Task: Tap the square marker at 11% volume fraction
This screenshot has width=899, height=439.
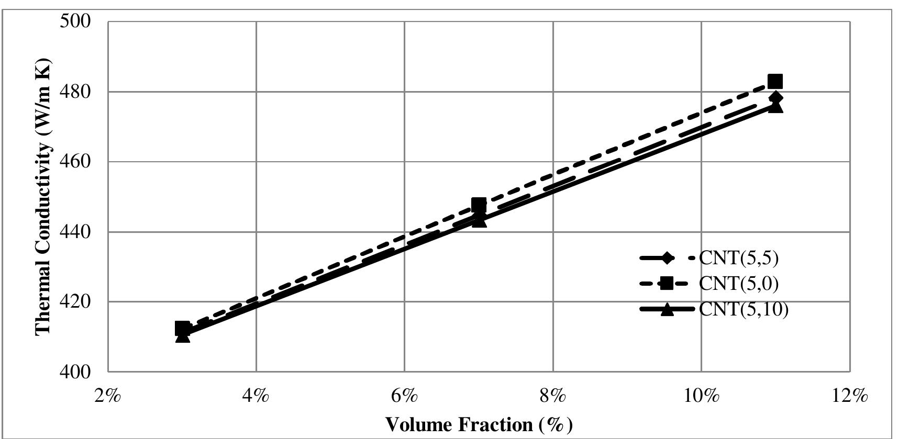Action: (x=775, y=82)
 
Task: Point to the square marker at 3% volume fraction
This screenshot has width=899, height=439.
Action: (x=182, y=329)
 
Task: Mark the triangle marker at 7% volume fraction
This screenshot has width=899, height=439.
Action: (x=479, y=220)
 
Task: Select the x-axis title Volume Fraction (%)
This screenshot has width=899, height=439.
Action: (x=479, y=424)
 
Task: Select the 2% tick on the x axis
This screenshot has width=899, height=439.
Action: (x=108, y=396)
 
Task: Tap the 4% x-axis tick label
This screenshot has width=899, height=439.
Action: (x=256, y=396)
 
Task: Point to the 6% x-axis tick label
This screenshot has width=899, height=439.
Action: (x=405, y=396)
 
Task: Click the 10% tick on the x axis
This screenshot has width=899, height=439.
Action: (x=702, y=396)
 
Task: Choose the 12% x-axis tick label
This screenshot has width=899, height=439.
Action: (x=850, y=396)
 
